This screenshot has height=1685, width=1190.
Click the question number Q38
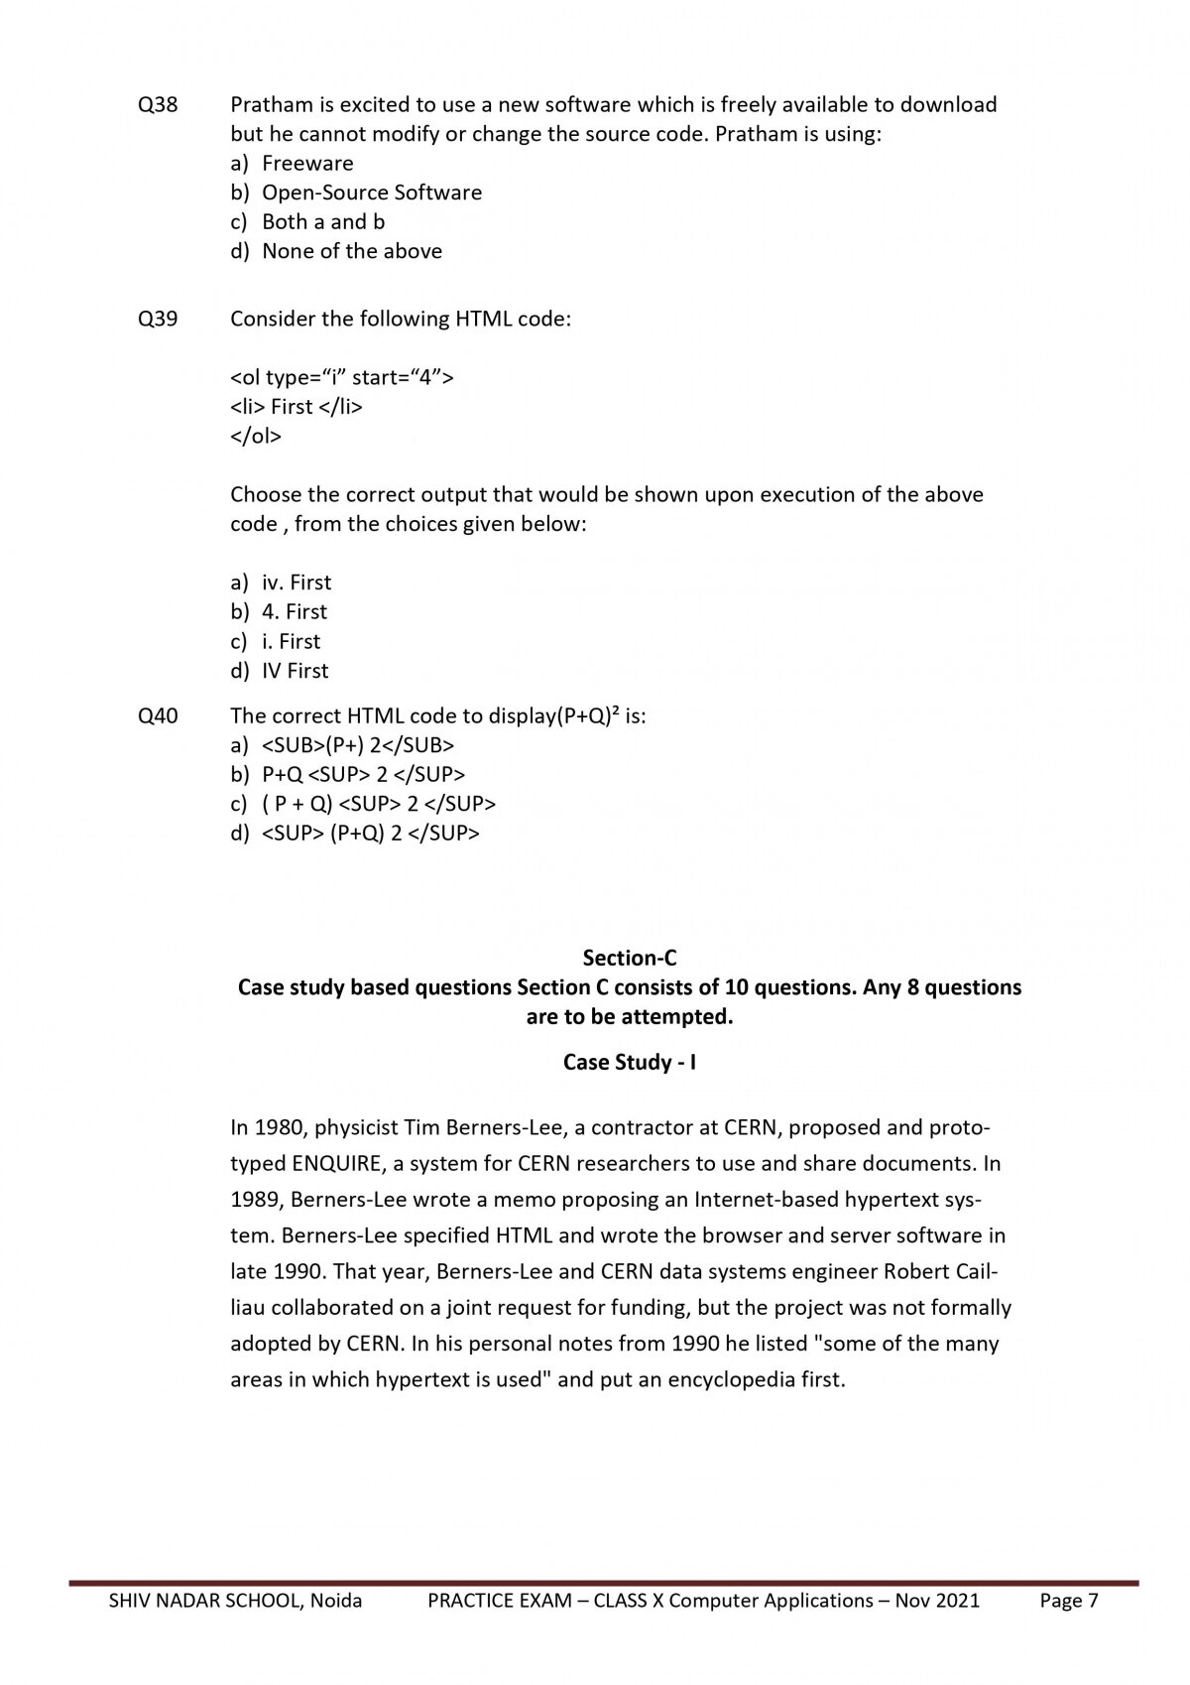[158, 104]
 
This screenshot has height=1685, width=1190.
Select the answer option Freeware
[306, 163]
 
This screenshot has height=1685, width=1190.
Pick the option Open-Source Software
[371, 193]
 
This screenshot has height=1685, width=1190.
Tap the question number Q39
[158, 319]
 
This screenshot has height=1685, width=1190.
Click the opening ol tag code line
[342, 377]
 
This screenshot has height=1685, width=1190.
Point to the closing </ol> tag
[256, 436]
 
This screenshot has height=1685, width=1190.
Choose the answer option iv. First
[296, 583]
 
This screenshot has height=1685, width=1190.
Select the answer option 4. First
[294, 611]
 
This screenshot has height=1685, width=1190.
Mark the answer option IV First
[295, 671]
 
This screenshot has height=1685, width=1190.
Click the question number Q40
[158, 715]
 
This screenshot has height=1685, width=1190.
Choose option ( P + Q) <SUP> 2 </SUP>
[378, 804]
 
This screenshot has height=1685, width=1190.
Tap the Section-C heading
[630, 958]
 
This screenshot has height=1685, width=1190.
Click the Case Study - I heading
[630, 1062]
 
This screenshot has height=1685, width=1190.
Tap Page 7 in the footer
[1069, 1600]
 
